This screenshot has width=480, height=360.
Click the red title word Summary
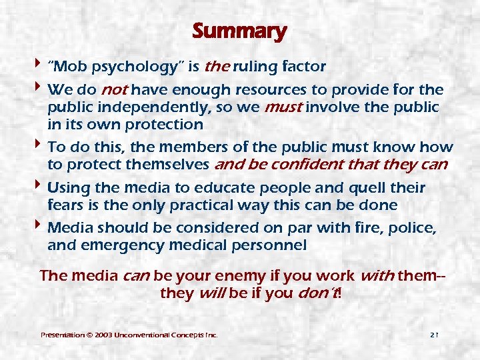[x=239, y=31]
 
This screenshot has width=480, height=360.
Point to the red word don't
[x=318, y=293]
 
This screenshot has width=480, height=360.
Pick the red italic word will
[x=213, y=293]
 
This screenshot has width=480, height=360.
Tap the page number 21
[x=433, y=333]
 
